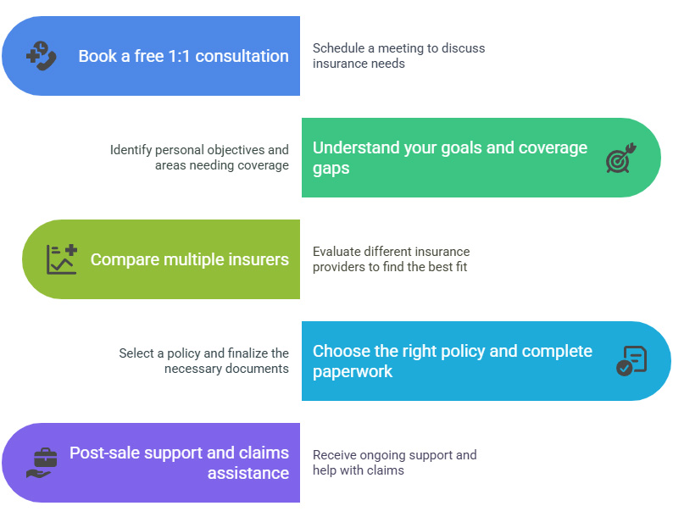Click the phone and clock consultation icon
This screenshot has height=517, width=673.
click(x=42, y=56)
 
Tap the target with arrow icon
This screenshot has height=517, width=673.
click(x=621, y=158)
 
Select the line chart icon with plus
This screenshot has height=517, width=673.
click(x=62, y=259)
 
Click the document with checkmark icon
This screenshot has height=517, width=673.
click(x=631, y=361)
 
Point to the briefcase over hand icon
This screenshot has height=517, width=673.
click(x=42, y=463)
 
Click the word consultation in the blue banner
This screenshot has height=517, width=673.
click(x=242, y=56)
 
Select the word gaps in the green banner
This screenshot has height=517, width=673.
click(x=331, y=169)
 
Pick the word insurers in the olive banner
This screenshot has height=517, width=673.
click(x=259, y=259)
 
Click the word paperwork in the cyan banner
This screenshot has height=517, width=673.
click(x=353, y=372)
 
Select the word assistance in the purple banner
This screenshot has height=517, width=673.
click(x=248, y=473)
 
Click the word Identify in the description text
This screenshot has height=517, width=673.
click(x=131, y=150)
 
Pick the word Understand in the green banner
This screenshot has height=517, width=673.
click(x=356, y=147)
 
